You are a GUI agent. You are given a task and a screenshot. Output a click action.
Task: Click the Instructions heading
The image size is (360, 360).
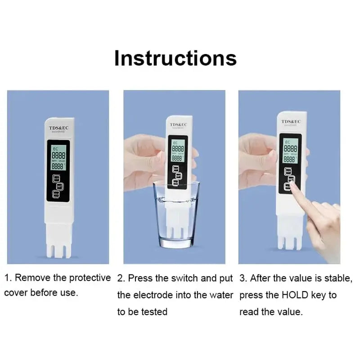[175, 58]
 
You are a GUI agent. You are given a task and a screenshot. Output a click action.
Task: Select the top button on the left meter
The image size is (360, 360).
[56, 178]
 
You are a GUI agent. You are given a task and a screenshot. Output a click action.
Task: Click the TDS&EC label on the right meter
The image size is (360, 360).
[291, 121]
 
